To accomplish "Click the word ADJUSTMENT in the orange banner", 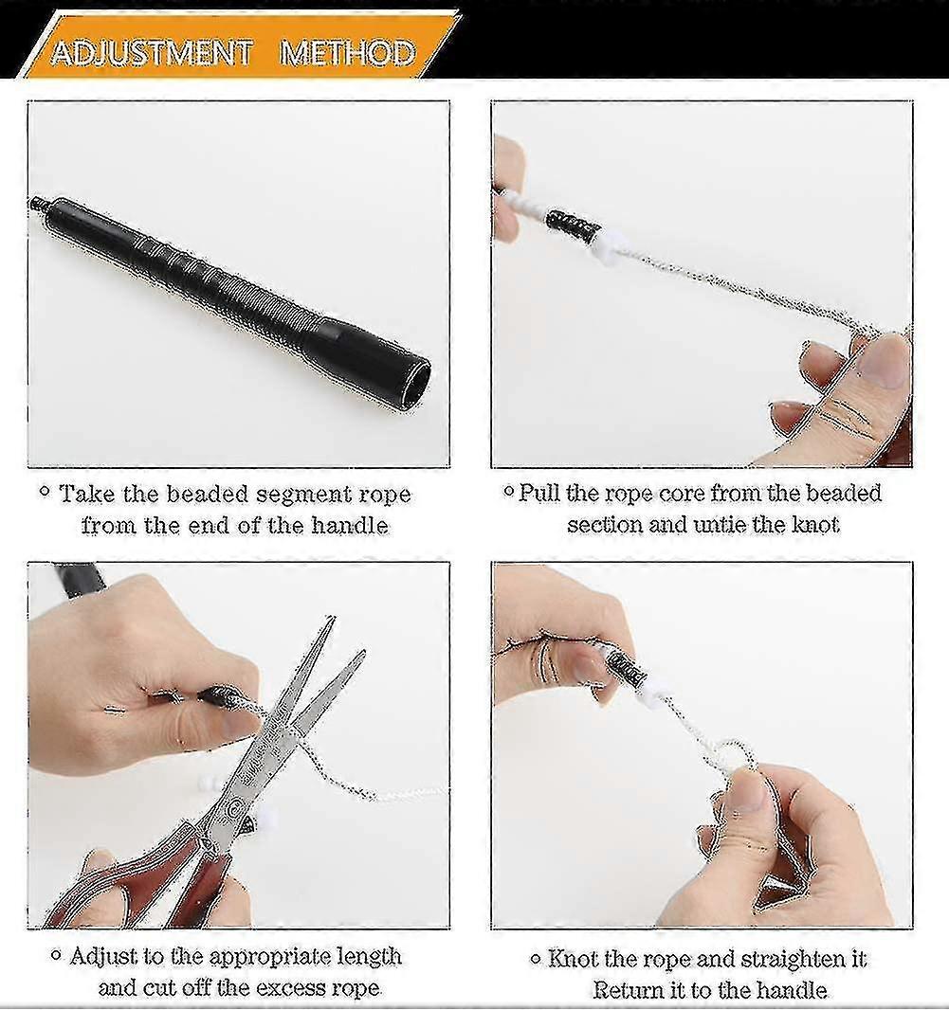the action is tap(152, 52).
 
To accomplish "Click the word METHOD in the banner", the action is tap(348, 52).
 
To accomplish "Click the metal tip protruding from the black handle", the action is tap(38, 204).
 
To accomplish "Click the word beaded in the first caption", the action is tap(207, 495).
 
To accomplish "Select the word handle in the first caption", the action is tap(350, 526).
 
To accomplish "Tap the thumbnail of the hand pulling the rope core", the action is tap(883, 361).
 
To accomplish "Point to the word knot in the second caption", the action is tap(815, 525).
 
